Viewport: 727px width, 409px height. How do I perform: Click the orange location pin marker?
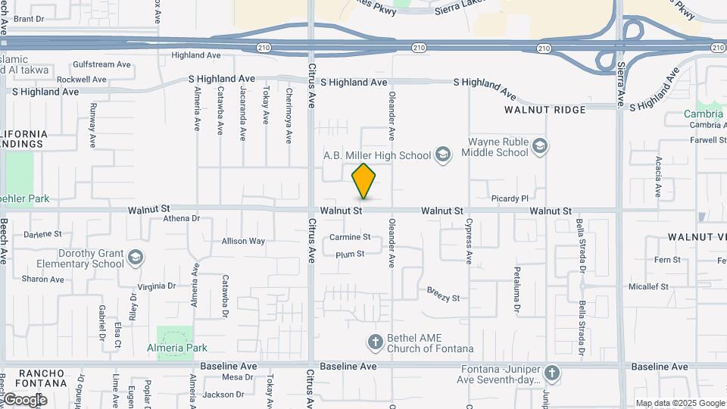tap(363, 181)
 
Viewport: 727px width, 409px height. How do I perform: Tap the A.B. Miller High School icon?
tap(443, 155)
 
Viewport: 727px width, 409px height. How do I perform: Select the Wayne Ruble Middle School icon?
tap(539, 146)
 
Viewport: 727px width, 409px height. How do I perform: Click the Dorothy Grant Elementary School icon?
tap(136, 258)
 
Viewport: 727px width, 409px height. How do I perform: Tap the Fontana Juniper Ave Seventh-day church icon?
tap(552, 373)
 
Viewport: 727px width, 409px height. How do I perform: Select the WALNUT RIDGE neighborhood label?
tap(545, 110)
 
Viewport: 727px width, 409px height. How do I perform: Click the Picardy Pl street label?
tap(510, 198)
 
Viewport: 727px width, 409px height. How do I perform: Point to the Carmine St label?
tap(350, 237)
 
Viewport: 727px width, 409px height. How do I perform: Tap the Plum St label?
tap(350, 254)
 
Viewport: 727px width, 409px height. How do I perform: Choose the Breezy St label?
tap(443, 294)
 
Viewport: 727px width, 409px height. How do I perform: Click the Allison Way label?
tap(243, 242)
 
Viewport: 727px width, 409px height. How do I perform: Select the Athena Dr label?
tap(181, 219)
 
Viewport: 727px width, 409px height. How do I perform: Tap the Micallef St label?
tap(648, 286)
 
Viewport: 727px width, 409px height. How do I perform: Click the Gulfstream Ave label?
tap(104, 64)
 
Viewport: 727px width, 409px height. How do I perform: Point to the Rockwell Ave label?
tap(82, 79)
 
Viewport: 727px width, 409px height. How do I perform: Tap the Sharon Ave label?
tap(42, 279)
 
